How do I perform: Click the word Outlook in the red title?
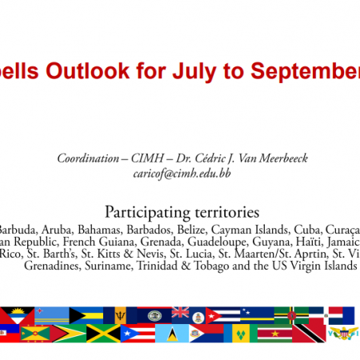[87, 70]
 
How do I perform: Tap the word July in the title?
[194, 71]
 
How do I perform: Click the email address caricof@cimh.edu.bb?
[182, 174]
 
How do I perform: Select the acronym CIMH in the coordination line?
[147, 158]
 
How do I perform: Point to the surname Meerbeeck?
[283, 158]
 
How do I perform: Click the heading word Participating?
[147, 213]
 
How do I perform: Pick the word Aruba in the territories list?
[57, 230]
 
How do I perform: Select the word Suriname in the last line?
[109, 266]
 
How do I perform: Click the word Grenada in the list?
[162, 242]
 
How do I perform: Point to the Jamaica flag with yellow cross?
[103, 334]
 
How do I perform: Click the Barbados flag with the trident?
[120, 315]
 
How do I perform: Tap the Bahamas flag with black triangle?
[86, 315]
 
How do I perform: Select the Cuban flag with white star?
[222, 315]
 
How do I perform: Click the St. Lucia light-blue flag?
[172, 334]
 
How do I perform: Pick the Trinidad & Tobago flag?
[309, 334]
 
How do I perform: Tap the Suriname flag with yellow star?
[275, 334]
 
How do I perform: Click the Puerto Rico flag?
[138, 334]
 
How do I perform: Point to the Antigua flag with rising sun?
[18, 315]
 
